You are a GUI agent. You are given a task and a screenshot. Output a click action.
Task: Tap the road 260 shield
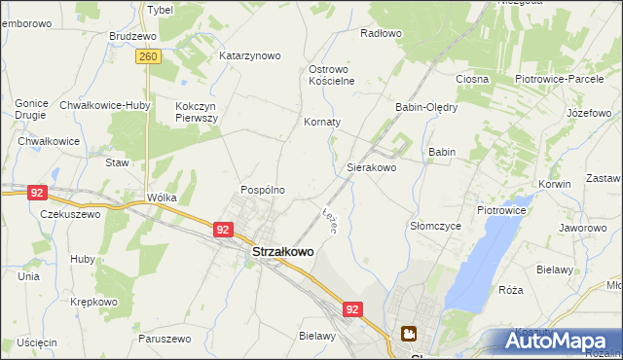(148, 57)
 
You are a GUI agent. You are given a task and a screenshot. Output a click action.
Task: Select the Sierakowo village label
(371, 167)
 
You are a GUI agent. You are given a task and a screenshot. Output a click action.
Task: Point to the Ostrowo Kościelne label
(334, 76)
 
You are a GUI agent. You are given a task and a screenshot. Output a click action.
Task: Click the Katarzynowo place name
(249, 55)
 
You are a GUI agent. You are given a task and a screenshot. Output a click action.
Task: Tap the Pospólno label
(263, 190)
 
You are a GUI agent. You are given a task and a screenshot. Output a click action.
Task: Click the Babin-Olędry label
(425, 107)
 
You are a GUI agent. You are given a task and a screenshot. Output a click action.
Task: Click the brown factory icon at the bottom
(409, 336)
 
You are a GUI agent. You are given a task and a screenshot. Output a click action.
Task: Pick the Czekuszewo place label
(70, 214)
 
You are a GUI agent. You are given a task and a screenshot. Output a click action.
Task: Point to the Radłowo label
(381, 33)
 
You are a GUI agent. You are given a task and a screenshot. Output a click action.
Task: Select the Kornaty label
(322, 123)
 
